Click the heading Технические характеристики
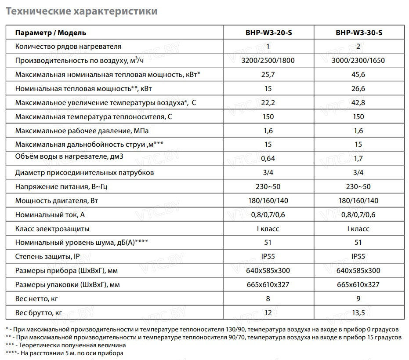tap(81, 11)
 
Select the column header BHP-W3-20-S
tap(269, 33)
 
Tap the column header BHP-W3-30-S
tap(358, 33)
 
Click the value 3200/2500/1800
tap(269, 60)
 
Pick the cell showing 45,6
tap(358, 74)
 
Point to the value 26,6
tap(358, 88)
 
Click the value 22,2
tap(269, 102)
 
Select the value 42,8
tap(358, 102)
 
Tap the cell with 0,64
tap(269, 158)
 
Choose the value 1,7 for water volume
tap(358, 158)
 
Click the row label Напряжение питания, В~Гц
tap(61, 187)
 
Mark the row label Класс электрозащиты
tap(52, 229)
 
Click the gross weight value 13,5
tap(358, 313)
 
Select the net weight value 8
tap(269, 299)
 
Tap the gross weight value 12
tap(269, 313)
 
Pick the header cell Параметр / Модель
tap(51, 33)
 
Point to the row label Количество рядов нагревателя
tap(68, 46)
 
